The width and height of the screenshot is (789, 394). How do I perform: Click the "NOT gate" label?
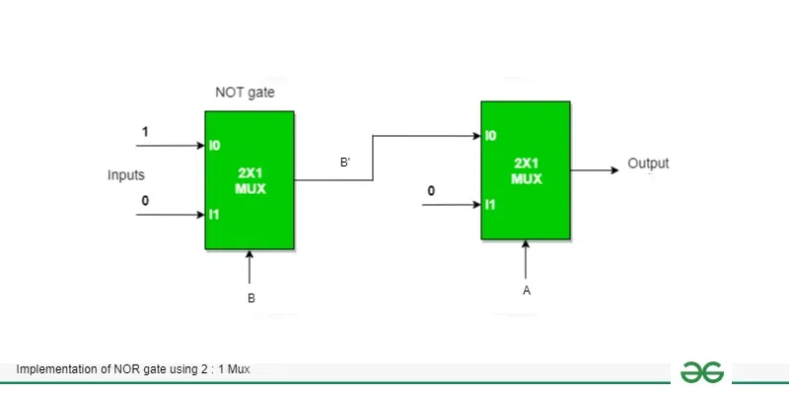246,93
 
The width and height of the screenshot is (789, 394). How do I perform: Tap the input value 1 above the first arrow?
147,131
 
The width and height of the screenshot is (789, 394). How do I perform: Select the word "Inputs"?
126,175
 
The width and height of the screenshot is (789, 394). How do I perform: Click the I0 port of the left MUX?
214,145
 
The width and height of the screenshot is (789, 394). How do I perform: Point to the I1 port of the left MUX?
213,213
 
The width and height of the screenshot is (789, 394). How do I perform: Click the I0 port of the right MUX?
490,135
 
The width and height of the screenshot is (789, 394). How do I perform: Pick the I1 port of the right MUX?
490,204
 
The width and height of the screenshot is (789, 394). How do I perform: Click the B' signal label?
346,164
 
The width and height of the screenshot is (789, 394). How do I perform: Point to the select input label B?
251,298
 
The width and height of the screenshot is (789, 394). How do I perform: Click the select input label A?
527,291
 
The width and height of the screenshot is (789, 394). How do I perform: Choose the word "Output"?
648,164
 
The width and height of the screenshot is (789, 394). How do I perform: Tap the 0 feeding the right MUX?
430,191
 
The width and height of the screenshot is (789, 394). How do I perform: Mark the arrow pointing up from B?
251,266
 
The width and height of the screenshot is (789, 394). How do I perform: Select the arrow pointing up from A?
527,258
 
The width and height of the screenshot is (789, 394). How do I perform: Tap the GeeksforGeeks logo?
702,371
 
